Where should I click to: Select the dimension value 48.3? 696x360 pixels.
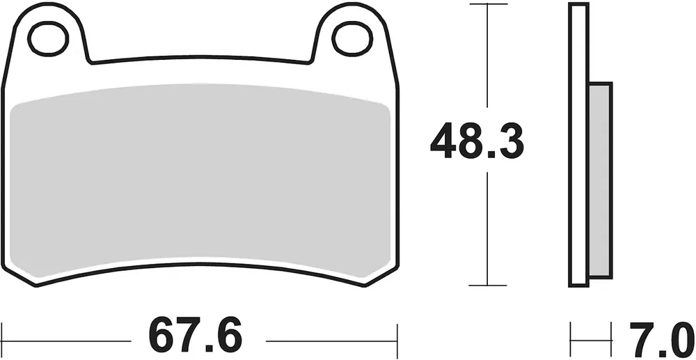[x=477, y=141]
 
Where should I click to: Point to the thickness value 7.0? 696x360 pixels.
[x=661, y=338]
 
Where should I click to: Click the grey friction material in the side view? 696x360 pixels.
[x=601, y=180]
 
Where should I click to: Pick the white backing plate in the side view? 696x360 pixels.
[x=579, y=145]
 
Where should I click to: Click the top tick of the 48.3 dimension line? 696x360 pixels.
[x=488, y=4]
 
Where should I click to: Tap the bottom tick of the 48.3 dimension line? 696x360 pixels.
[x=488, y=285]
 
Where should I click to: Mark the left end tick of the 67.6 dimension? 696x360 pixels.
[x=3, y=341]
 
